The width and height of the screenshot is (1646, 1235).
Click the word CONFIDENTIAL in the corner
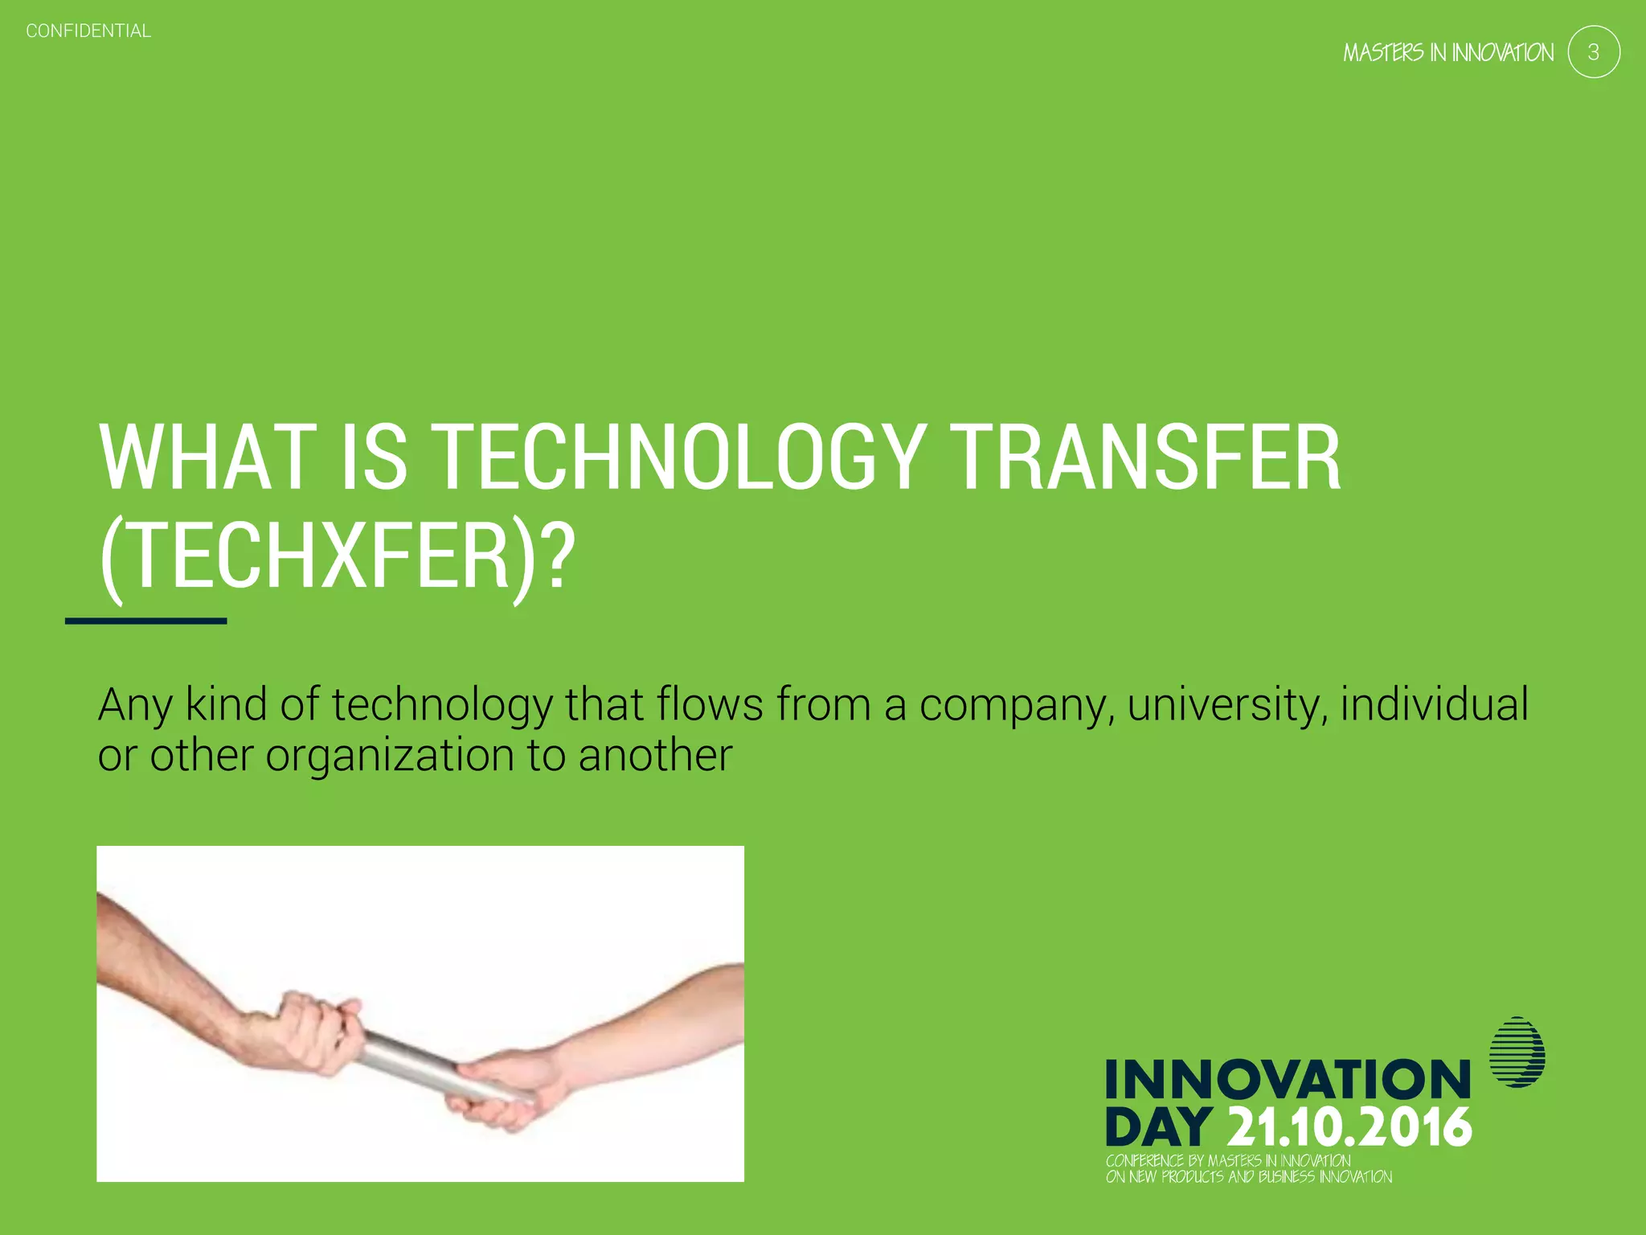pyautogui.click(x=88, y=31)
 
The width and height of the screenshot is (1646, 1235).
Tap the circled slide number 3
pyautogui.click(x=1593, y=52)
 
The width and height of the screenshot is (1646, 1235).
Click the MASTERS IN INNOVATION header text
pyautogui.click(x=1448, y=53)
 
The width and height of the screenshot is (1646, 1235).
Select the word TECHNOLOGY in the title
pyautogui.click(x=680, y=457)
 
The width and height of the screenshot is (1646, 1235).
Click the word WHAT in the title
pyautogui.click(x=208, y=457)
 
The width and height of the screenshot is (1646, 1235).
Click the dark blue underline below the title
pyautogui.click(x=146, y=621)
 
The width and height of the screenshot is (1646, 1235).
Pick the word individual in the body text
pyautogui.click(x=1434, y=705)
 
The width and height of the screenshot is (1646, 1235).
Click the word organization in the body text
pyautogui.click(x=390, y=757)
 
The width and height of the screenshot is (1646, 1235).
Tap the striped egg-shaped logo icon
pyautogui.click(x=1517, y=1052)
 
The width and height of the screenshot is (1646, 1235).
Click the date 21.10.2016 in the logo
pyautogui.click(x=1349, y=1127)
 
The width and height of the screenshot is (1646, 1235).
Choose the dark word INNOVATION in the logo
pyautogui.click(x=1288, y=1079)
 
